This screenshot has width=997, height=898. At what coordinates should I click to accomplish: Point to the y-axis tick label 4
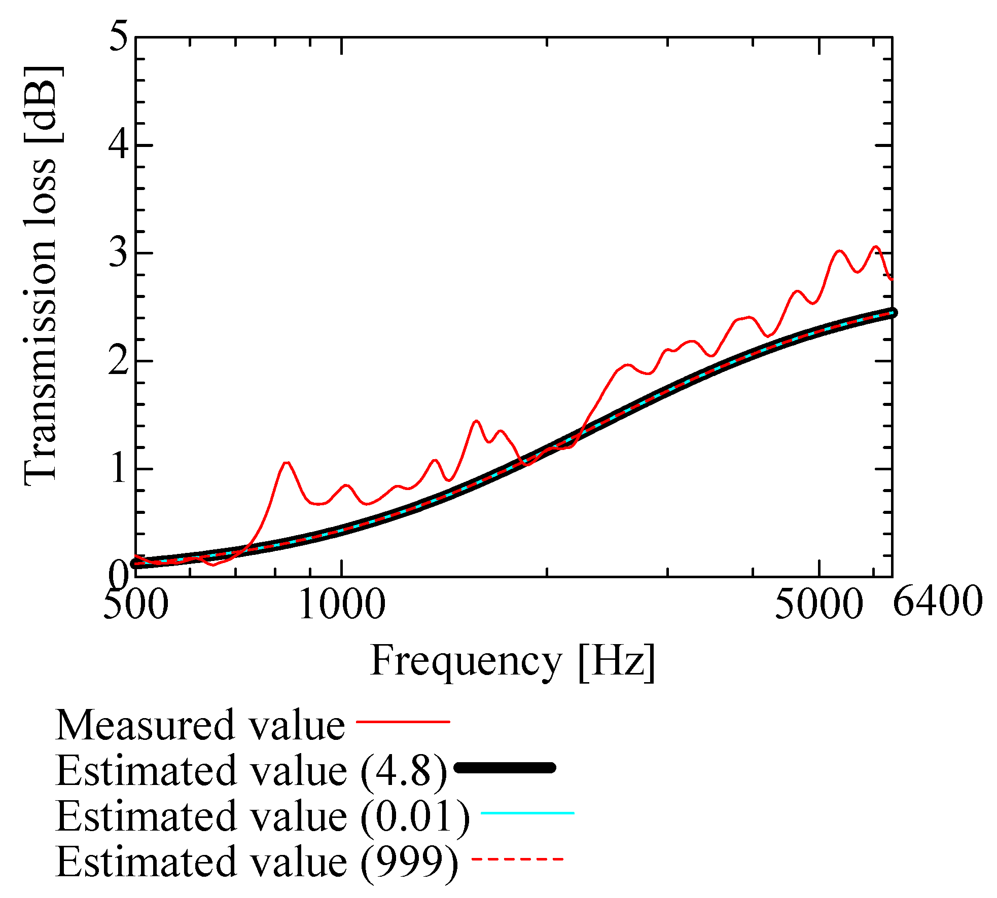(119, 145)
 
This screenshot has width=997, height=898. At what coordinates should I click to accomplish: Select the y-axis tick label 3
(119, 253)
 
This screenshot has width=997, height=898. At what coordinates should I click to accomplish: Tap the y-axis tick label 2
(119, 361)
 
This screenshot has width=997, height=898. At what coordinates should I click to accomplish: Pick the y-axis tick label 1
(119, 469)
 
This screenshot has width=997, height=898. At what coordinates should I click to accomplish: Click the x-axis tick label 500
(135, 605)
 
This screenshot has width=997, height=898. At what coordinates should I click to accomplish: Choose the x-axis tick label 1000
(342, 605)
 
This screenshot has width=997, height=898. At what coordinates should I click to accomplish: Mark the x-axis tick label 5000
(819, 605)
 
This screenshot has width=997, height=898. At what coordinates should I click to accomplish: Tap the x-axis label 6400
(938, 602)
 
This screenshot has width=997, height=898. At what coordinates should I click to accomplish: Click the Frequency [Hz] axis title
(513, 661)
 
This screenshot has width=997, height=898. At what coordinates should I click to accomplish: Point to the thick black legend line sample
(505, 768)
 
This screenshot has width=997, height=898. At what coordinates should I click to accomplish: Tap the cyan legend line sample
(527, 813)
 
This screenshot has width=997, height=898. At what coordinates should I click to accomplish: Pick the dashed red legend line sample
(517, 859)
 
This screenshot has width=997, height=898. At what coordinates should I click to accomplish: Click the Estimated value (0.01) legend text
(263, 817)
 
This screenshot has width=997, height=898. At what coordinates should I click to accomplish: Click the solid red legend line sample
(403, 721)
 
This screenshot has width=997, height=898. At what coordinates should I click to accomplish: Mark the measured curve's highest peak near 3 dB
(875, 247)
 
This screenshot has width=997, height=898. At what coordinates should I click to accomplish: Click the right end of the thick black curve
(893, 313)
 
